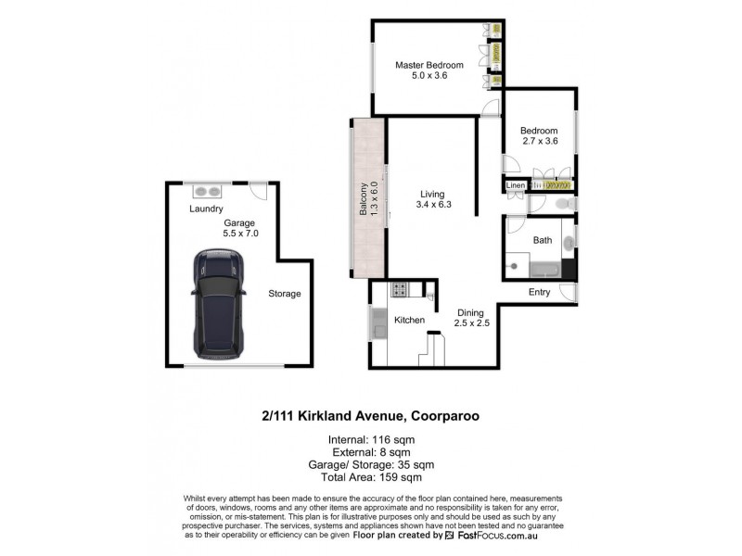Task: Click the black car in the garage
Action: click(x=217, y=303)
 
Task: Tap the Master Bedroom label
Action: click(x=429, y=65)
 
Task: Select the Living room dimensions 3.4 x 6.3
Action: click(x=434, y=205)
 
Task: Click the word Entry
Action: click(x=539, y=292)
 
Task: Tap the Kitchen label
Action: click(x=409, y=320)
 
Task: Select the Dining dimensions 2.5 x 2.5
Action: click(x=471, y=323)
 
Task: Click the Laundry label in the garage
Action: click(x=206, y=209)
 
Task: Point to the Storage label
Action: click(x=285, y=294)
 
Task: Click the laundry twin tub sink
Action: click(x=207, y=192)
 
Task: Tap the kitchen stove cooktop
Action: click(x=399, y=289)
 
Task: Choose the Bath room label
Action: click(x=543, y=240)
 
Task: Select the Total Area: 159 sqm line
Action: click(x=370, y=477)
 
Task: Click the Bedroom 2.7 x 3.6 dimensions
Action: click(x=539, y=142)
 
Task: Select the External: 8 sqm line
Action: click(x=370, y=451)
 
